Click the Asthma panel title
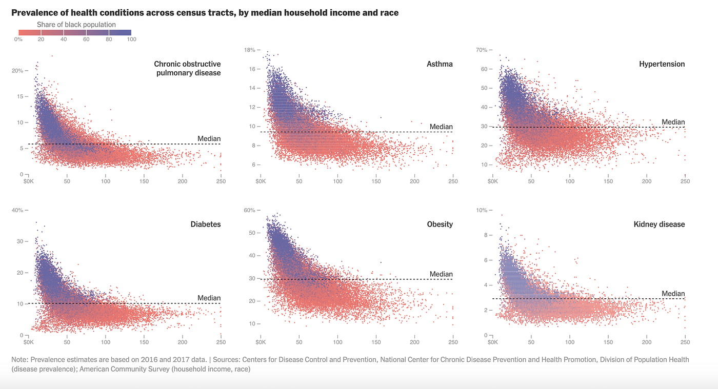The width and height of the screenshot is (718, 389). [x=440, y=64]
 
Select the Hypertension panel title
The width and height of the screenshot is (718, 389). [x=662, y=64]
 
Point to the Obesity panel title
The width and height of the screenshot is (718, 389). [x=440, y=224]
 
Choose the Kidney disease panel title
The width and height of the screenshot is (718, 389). [x=659, y=224]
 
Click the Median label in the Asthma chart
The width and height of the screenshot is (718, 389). [x=441, y=127]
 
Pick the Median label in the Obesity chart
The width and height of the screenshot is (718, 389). [x=441, y=274]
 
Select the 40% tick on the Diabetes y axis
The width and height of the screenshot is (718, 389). [x=18, y=210]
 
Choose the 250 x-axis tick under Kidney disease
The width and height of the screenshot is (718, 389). [x=685, y=342]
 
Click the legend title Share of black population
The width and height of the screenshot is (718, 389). [x=76, y=25]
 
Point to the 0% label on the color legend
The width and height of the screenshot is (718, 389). [x=18, y=39]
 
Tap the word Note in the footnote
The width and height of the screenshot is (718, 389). [x=19, y=360]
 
